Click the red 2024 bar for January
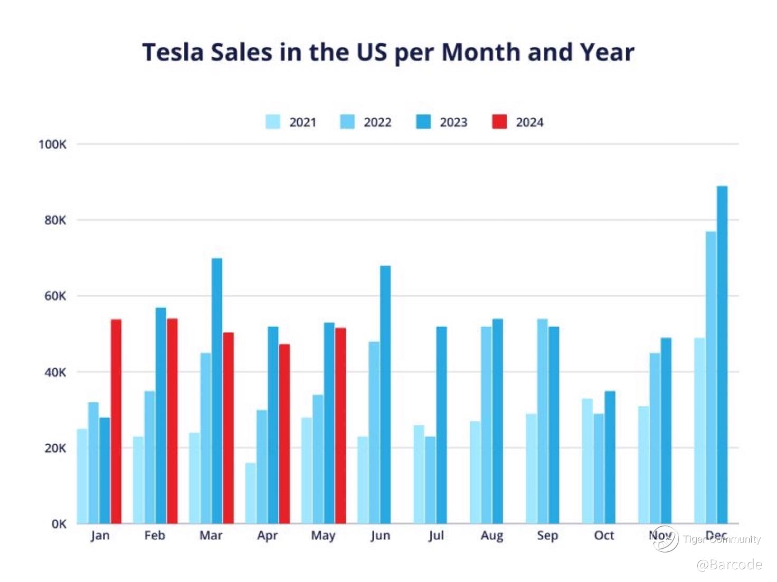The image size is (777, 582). (x=116, y=422)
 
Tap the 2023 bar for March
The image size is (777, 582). (x=217, y=391)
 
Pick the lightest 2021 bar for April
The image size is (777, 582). (x=250, y=493)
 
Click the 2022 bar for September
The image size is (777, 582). (x=543, y=421)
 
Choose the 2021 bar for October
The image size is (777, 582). (x=588, y=461)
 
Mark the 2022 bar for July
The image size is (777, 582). (x=430, y=480)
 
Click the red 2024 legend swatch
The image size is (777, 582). (x=499, y=122)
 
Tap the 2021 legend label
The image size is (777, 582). (x=302, y=122)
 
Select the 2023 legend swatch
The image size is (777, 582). (x=423, y=122)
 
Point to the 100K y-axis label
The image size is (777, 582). (x=52, y=144)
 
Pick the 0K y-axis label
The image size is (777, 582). (x=59, y=524)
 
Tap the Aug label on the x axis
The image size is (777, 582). (x=492, y=536)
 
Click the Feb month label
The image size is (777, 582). (x=155, y=536)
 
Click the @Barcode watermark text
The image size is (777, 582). (x=729, y=565)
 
